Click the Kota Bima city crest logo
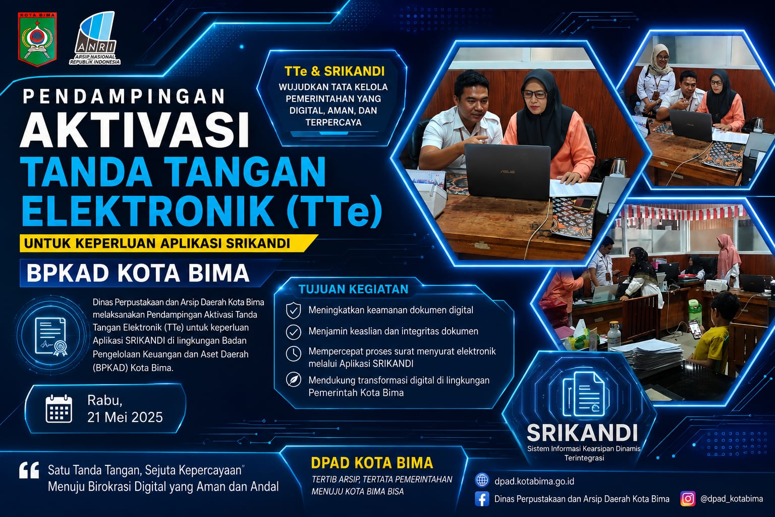click(37, 39)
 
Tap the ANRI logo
click(95, 38)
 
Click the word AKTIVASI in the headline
click(135, 131)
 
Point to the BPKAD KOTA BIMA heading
click(138, 273)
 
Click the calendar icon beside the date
click(59, 408)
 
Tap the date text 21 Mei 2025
click(125, 417)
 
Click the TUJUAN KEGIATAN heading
click(353, 289)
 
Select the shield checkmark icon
click(293, 311)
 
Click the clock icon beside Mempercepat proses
click(293, 353)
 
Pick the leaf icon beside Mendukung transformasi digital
click(293, 380)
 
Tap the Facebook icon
click(482, 499)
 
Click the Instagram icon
click(688, 499)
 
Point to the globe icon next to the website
click(482, 480)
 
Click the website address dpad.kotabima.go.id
click(534, 481)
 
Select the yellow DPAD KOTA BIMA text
click(372, 463)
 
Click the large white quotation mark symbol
click(29, 471)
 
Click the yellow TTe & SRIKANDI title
click(334, 71)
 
